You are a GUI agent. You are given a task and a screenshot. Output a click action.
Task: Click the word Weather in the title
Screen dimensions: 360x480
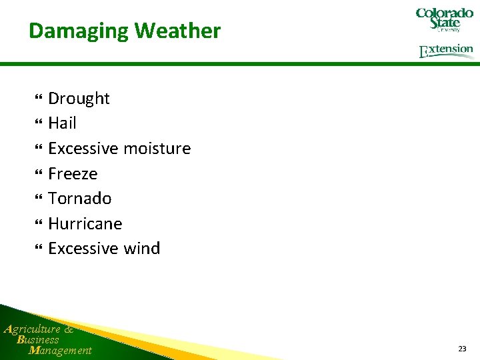[177, 31]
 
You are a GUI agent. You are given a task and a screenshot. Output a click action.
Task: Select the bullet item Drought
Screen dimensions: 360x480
[79, 99]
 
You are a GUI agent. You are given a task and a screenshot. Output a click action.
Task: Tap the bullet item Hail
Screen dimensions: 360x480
[62, 123]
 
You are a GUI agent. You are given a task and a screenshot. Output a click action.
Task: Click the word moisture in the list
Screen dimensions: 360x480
[159, 148]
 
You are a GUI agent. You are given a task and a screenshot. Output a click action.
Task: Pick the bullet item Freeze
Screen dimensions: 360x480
[73, 174]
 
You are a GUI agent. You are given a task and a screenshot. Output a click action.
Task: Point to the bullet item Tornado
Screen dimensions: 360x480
[79, 199]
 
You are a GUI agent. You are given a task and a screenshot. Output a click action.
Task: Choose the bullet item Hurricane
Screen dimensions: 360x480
[85, 223]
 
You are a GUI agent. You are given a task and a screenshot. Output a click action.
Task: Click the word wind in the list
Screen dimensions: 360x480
[141, 249]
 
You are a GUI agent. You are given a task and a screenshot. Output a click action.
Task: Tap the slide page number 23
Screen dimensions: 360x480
[462, 349]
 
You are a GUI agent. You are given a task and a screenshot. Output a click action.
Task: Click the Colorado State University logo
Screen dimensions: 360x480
[444, 19]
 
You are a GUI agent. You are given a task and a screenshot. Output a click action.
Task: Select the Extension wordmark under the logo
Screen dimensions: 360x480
[446, 51]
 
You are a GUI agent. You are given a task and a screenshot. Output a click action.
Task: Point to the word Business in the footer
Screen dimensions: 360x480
[38, 339]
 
